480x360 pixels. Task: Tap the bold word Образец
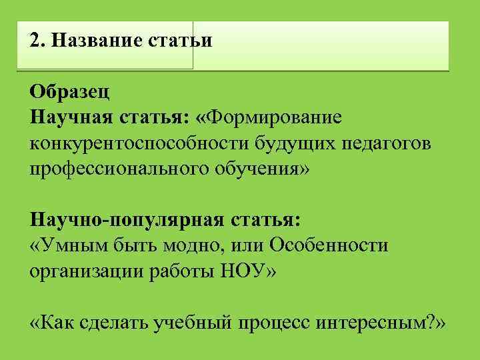pos(65,91)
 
